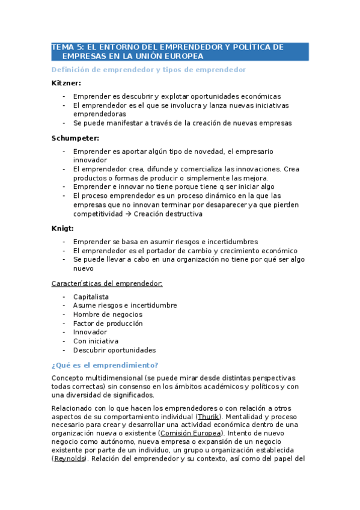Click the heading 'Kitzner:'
(66, 83)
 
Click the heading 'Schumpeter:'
(76, 138)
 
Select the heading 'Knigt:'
(63, 228)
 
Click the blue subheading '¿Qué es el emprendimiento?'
(105, 364)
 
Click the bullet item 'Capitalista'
(91, 296)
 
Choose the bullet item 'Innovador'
(90, 332)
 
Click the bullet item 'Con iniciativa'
(96, 341)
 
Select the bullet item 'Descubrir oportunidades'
(114, 350)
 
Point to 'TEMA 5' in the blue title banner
(68, 47)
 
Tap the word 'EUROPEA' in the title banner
(183, 56)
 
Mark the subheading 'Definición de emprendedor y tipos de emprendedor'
(149, 70)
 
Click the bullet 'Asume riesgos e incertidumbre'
(125, 305)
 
